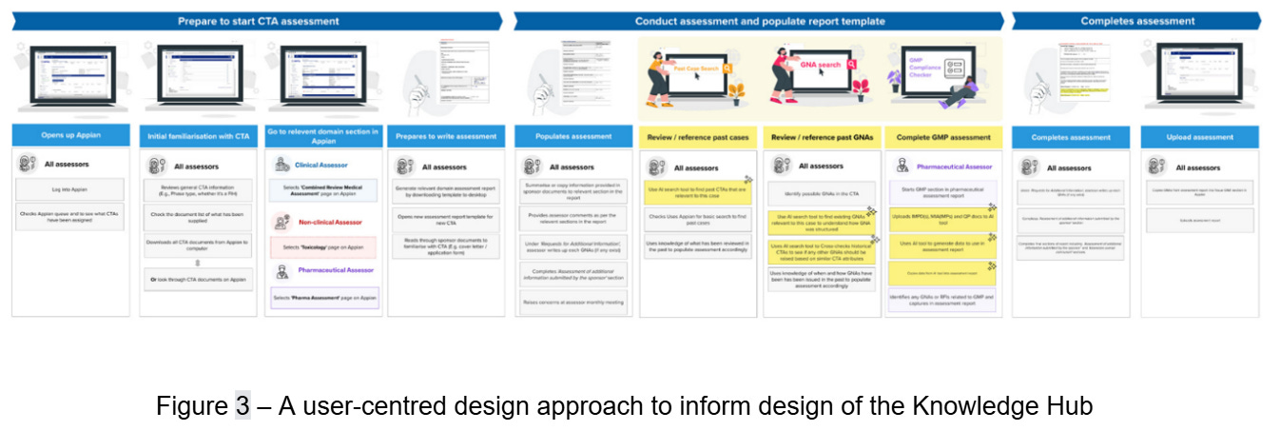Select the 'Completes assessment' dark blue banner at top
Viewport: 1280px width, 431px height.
coord(1137,21)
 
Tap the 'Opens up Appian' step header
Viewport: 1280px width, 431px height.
coord(71,136)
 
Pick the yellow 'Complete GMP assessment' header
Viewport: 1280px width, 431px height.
coord(944,136)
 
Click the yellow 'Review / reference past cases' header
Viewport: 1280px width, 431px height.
coord(696,136)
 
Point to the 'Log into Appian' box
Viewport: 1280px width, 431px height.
coord(71,189)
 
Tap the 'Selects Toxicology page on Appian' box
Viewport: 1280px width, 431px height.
coord(323,246)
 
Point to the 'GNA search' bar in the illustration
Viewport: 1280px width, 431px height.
coord(821,65)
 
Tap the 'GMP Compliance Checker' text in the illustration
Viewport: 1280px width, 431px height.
coord(919,67)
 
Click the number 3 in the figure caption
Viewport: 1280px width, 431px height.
coord(242,406)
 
